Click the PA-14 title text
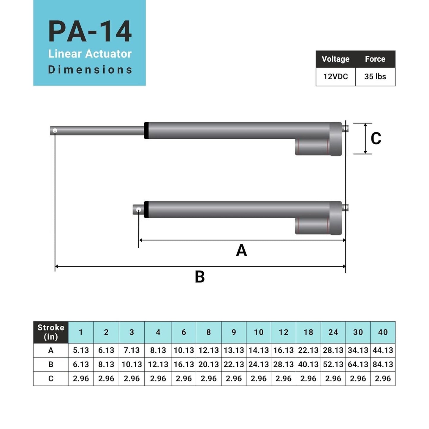click(x=90, y=32)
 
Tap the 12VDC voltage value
click(x=335, y=77)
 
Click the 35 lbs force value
click(x=375, y=77)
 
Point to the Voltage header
click(x=335, y=59)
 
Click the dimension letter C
click(x=376, y=139)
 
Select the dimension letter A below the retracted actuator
click(x=241, y=250)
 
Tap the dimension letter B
click(x=200, y=277)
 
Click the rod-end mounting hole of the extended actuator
click(x=55, y=131)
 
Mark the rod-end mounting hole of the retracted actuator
click(x=138, y=210)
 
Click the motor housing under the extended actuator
click(x=312, y=147)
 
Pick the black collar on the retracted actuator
click(x=146, y=210)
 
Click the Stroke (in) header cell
click(x=51, y=332)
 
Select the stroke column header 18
click(x=308, y=332)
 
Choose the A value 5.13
click(x=81, y=350)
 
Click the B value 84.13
click(x=383, y=364)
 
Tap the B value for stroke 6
click(x=183, y=364)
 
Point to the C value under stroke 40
click(x=383, y=379)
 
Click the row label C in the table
click(x=51, y=379)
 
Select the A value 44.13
click(x=383, y=350)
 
